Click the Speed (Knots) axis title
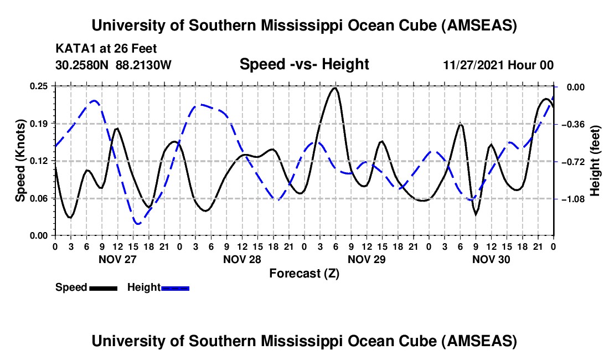pos(20,161)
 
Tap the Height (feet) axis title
pos(596,161)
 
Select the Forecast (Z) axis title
pos(304,273)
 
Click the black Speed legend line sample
pos(103,287)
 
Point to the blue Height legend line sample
pos(175,287)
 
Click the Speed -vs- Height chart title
pos(304,64)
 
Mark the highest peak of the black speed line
pos(334,88)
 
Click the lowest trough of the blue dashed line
pos(138,224)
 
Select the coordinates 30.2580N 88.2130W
pos(113,65)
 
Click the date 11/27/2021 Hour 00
pos(498,65)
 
